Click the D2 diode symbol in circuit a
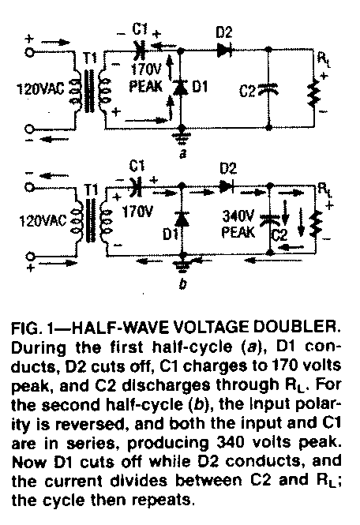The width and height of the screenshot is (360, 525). pyautogui.click(x=225, y=51)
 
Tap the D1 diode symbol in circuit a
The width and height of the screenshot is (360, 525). pyautogui.click(x=180, y=88)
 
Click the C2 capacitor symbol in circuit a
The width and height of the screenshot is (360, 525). pyautogui.click(x=268, y=88)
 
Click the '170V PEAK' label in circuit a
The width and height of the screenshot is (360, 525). pyautogui.click(x=146, y=77)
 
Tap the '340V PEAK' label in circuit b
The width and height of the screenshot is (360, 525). pyautogui.click(x=238, y=224)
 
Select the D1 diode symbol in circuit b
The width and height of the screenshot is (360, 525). pyautogui.click(x=182, y=219)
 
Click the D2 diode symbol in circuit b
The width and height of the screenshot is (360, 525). pyautogui.click(x=227, y=187)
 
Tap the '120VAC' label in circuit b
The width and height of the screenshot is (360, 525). pyautogui.click(x=43, y=221)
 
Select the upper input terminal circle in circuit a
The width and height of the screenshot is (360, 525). pyautogui.click(x=29, y=52)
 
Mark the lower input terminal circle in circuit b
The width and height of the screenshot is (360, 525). pyautogui.click(x=30, y=257)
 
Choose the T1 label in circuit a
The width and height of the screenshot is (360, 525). pyautogui.click(x=89, y=58)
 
